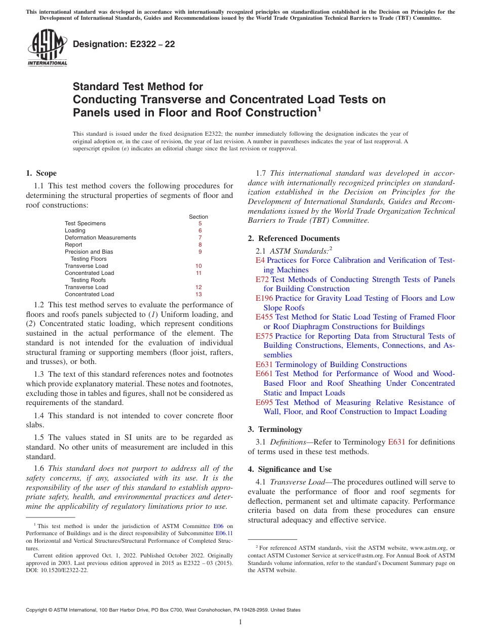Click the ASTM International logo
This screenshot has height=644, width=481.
pyautogui.click(x=47, y=48)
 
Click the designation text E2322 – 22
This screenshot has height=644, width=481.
pyautogui.click(x=124, y=44)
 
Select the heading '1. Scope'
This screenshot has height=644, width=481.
pyautogui.click(x=41, y=173)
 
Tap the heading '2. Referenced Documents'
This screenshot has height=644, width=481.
pyautogui.click(x=294, y=238)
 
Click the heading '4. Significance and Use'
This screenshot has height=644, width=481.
pyautogui.click(x=290, y=469)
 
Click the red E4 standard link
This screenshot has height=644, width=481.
pyautogui.click(x=260, y=260)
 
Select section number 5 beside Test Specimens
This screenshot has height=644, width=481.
pyautogui.click(x=200, y=223)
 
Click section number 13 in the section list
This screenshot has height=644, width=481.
pyautogui.click(x=198, y=294)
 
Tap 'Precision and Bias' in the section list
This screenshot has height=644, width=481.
pyautogui.click(x=89, y=252)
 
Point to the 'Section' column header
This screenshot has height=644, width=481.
pyautogui.click(x=198, y=217)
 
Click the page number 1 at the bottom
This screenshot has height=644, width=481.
pyautogui.click(x=240, y=622)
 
